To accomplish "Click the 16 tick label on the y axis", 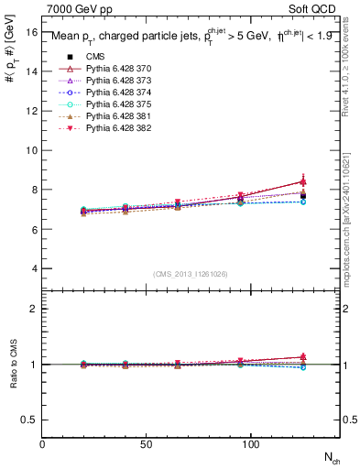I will [30, 32].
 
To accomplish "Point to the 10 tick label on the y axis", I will [30, 150].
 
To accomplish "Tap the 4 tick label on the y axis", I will [33, 269].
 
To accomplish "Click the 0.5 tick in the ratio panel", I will [28, 420].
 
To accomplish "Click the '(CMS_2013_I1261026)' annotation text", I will [191, 273].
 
